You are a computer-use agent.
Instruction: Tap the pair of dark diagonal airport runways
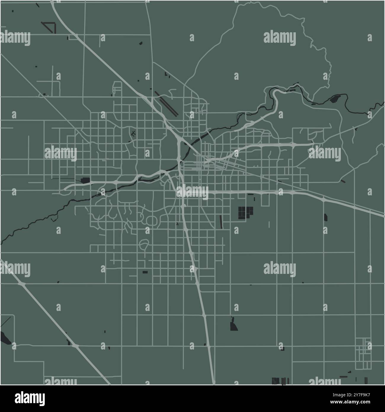point(166,103)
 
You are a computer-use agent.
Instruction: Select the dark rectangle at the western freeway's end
point(85,180)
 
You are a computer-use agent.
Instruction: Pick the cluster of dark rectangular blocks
point(246,212)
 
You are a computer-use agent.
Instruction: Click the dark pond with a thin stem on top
point(234,325)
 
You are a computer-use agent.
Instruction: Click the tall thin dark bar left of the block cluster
point(221,222)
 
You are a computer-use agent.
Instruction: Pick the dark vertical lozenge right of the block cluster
point(326,218)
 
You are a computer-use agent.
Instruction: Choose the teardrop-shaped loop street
point(144,245)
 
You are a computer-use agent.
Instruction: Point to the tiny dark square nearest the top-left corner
point(13,11)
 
